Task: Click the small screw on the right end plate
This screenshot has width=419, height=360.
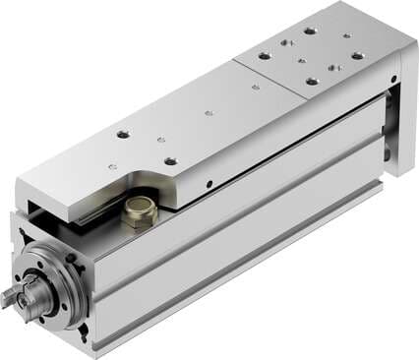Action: (394, 78)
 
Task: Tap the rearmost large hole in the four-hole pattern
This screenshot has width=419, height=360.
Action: (310, 30)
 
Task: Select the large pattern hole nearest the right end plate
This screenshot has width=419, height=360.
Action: (357, 56)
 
